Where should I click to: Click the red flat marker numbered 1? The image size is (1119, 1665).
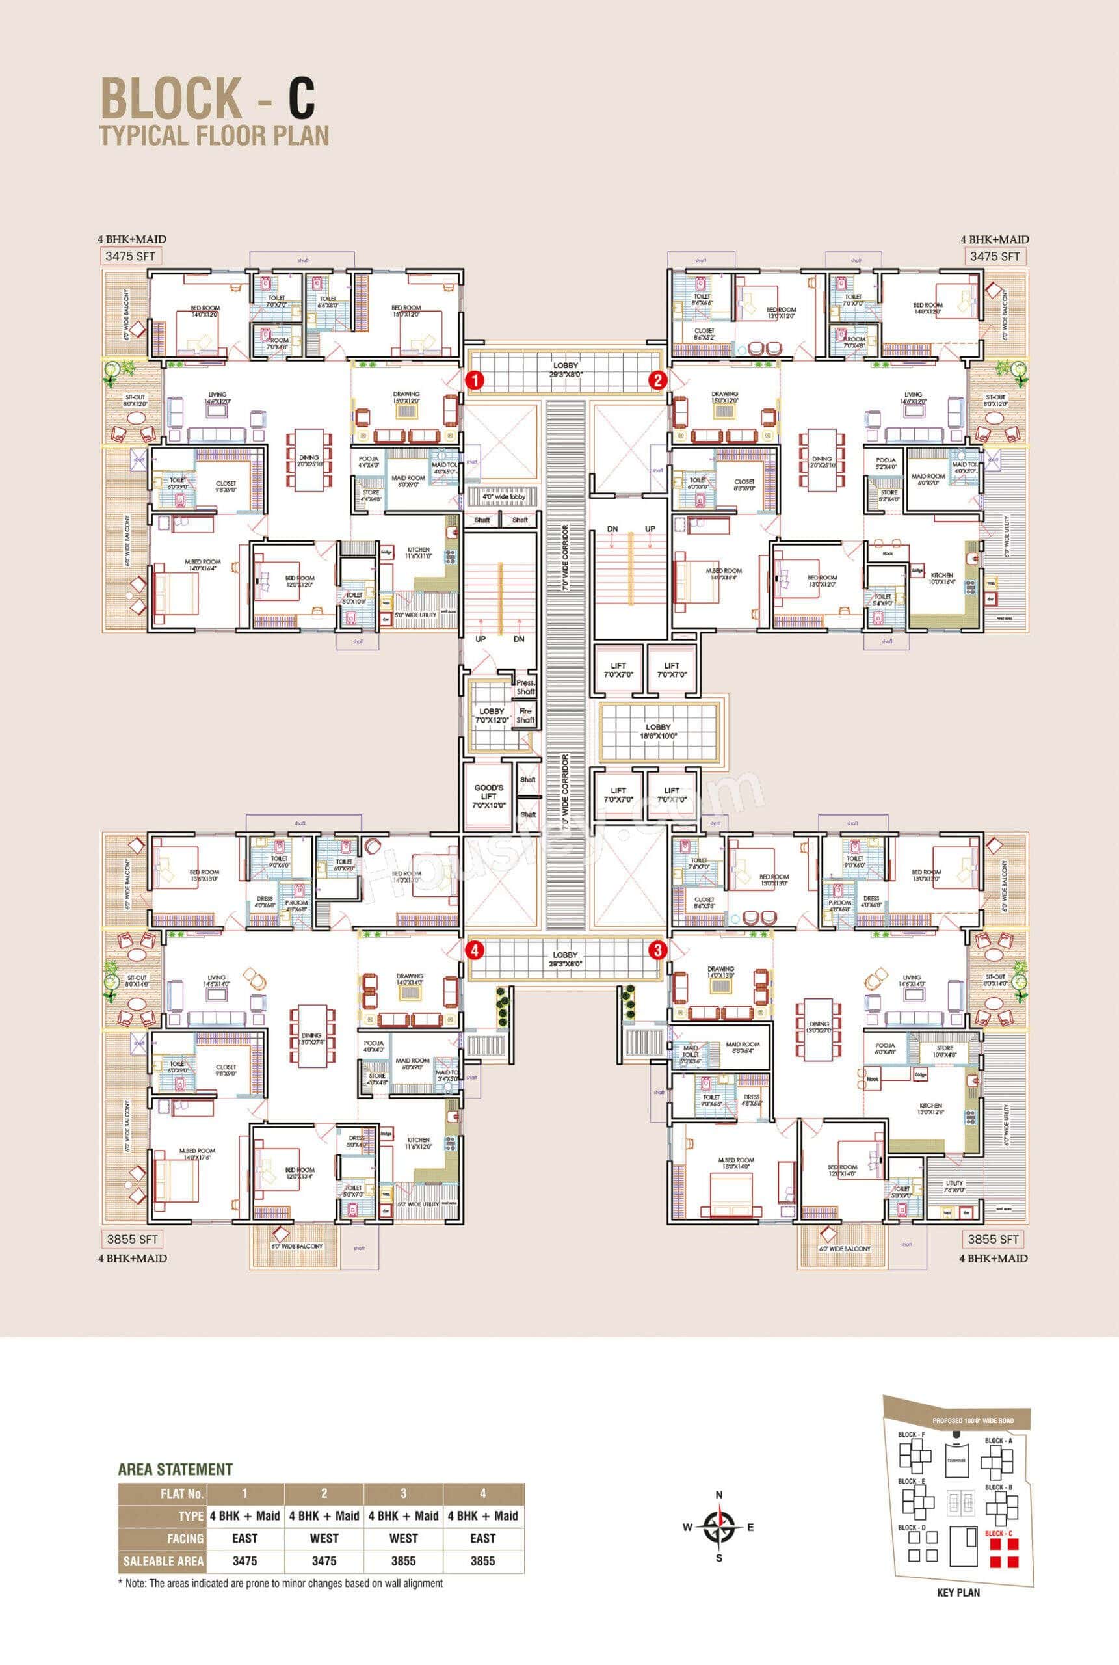[x=475, y=380]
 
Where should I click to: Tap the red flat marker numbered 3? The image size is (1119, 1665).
[x=657, y=950]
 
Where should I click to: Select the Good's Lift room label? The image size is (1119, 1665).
[x=489, y=795]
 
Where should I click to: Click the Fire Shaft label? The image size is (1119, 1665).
[x=525, y=715]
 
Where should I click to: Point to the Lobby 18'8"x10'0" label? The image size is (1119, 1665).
[x=658, y=731]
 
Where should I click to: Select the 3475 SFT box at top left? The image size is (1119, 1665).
[x=130, y=256]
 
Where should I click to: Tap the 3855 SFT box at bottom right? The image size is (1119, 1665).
[x=993, y=1239]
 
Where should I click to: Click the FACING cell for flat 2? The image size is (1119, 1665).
[x=324, y=1539]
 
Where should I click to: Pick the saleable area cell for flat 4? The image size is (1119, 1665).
[x=482, y=1561]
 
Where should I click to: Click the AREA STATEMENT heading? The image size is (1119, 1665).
[x=176, y=1469]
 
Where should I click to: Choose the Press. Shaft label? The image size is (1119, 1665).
[x=525, y=687]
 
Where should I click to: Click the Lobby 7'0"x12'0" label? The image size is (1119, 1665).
[x=492, y=715]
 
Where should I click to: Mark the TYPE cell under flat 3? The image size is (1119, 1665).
[x=403, y=1516]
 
